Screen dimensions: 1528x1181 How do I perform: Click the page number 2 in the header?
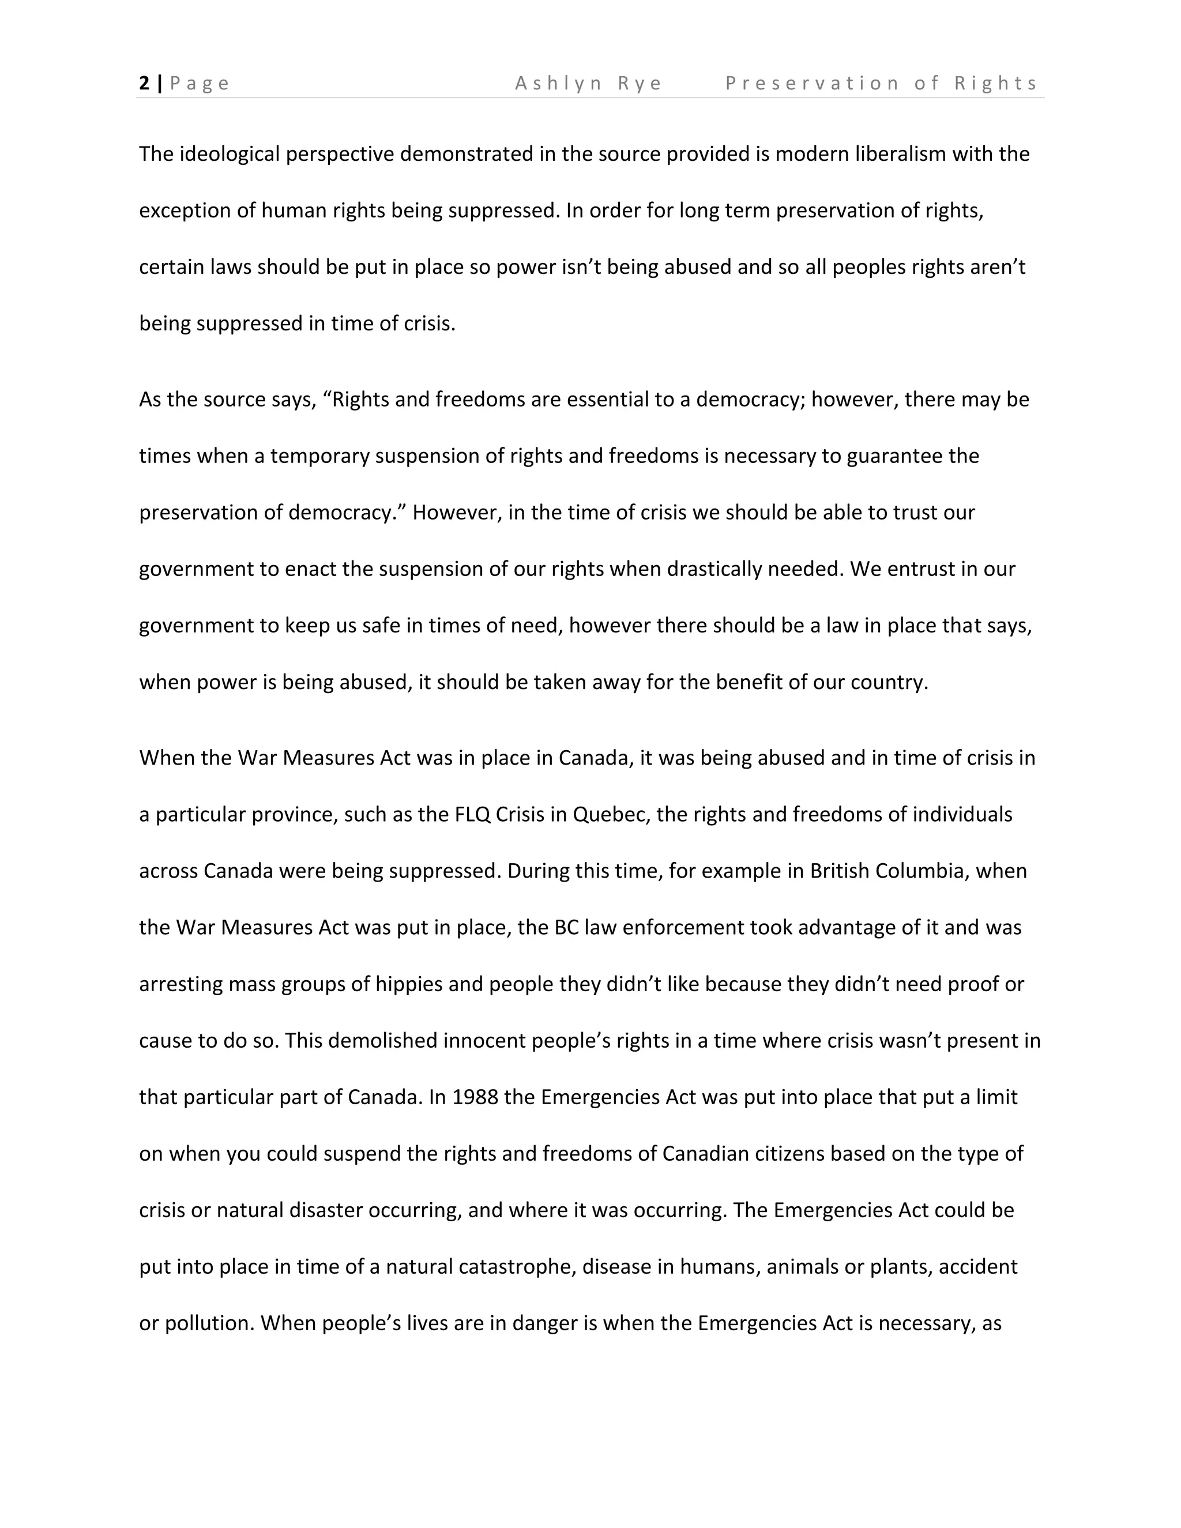coord(144,83)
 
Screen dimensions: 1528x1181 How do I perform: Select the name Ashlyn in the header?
coord(558,83)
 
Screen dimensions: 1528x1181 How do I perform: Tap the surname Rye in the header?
coord(640,83)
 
